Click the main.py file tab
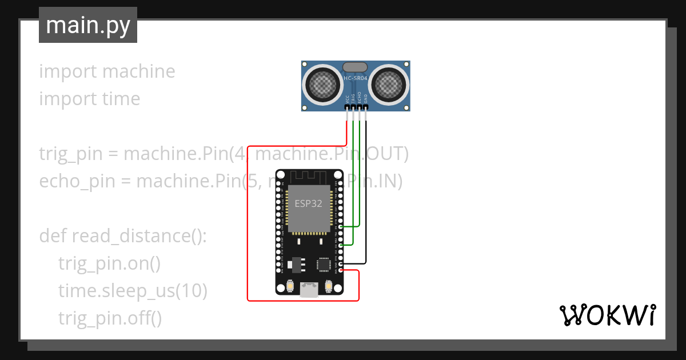(x=88, y=25)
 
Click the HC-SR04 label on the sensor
(x=356, y=78)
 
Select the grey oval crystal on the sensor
(x=356, y=67)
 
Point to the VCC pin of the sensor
(x=347, y=107)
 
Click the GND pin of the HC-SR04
(x=366, y=107)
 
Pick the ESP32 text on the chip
(x=309, y=203)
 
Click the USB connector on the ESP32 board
(x=309, y=290)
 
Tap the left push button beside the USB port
(x=290, y=286)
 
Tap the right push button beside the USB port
(x=328, y=286)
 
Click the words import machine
(x=107, y=71)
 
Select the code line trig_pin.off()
(x=110, y=318)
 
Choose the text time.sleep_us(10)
(x=133, y=291)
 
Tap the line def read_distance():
(x=123, y=236)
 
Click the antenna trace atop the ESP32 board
(x=309, y=175)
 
